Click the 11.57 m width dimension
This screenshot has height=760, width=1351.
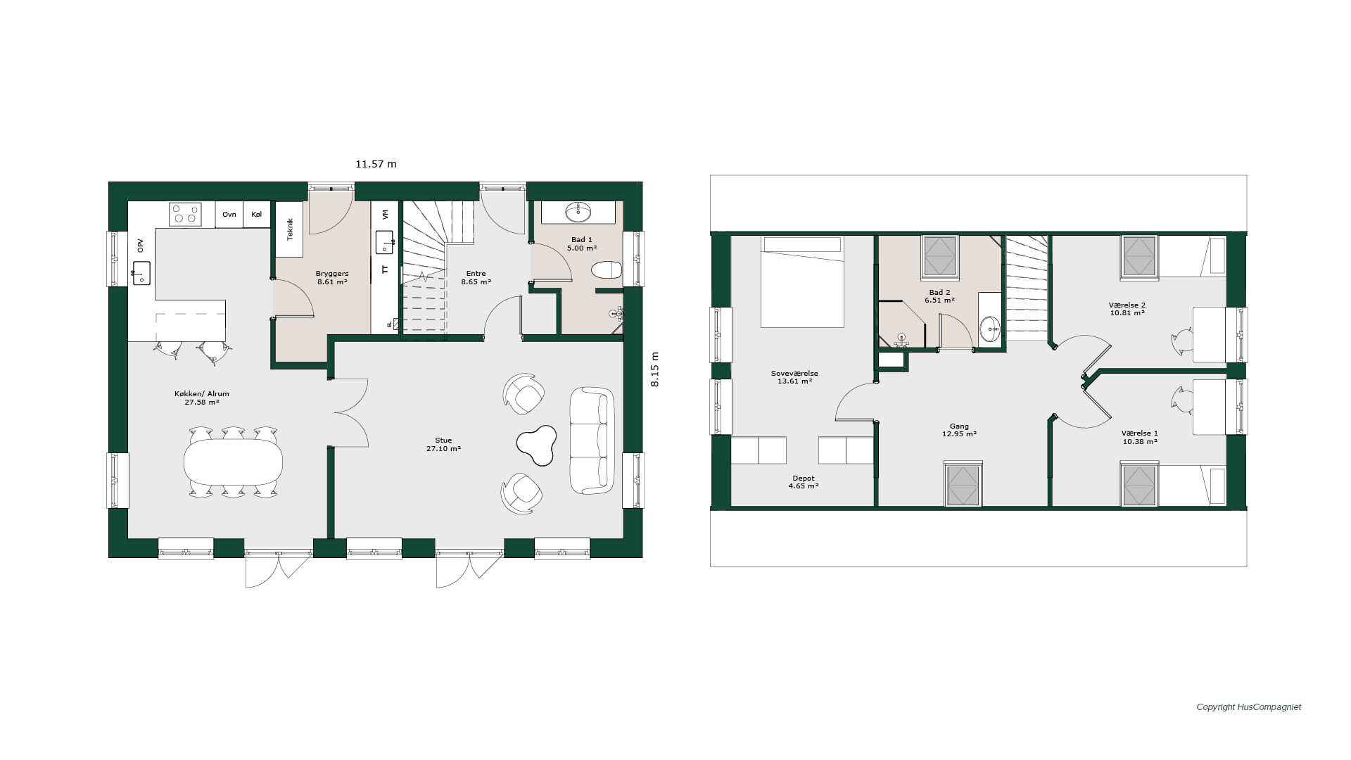click(376, 164)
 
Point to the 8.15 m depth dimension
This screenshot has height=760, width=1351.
click(654, 369)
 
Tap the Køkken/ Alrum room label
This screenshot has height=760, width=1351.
click(202, 394)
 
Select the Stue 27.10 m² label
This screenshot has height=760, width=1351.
click(443, 445)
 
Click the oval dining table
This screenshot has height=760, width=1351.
click(233, 462)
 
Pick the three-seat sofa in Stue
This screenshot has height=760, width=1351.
click(592, 440)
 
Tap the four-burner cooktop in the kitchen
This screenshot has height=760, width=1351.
click(185, 214)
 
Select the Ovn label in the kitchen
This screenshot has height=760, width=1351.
click(229, 214)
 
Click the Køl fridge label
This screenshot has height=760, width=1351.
click(257, 214)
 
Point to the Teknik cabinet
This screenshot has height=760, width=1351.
click(289, 229)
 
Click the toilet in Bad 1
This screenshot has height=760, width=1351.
click(607, 270)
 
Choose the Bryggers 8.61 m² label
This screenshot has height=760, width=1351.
click(332, 278)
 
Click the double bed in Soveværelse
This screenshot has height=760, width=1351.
click(801, 281)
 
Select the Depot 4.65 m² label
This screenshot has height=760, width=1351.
click(803, 482)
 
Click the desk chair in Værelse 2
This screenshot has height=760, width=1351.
click(1182, 341)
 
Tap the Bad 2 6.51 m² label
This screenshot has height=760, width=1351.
click(939, 296)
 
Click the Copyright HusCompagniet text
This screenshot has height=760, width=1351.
click(1249, 707)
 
